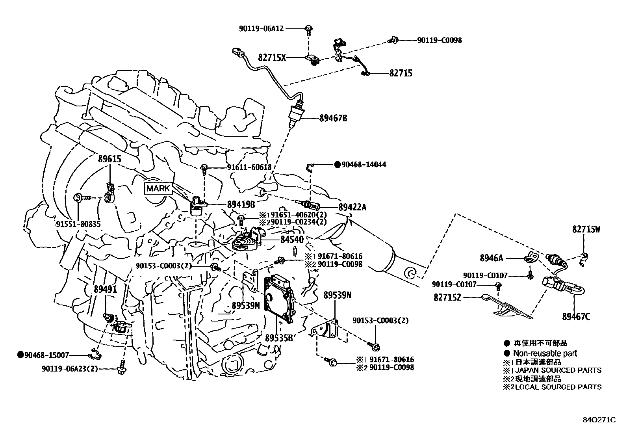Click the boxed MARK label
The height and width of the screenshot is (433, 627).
click(158, 188)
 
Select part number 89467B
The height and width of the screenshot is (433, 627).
click(333, 118)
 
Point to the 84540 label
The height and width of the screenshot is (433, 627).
click(292, 240)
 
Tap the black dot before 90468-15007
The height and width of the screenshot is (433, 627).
click(20, 355)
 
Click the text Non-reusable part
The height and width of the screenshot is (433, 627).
click(545, 353)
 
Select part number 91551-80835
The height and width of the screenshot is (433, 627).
click(78, 224)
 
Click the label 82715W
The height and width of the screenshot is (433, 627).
click(586, 229)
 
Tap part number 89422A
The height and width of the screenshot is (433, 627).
click(352, 207)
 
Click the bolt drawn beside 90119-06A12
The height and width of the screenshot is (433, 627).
click(308, 29)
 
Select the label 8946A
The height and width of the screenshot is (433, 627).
click(491, 258)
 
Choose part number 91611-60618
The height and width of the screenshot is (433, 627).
click(249, 167)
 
